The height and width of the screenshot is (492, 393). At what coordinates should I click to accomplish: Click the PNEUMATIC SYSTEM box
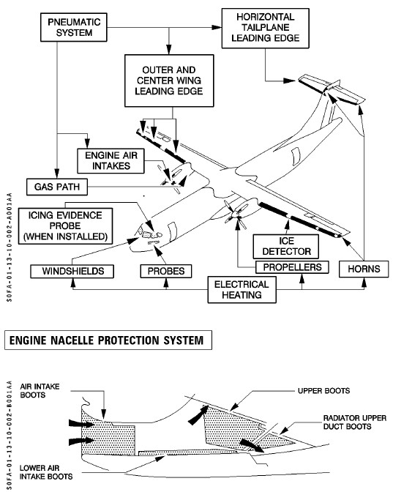tap(74, 27)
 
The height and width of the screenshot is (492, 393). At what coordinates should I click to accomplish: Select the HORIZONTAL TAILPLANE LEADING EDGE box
tap(266, 29)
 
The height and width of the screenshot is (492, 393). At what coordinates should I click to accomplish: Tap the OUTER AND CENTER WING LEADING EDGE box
tap(169, 81)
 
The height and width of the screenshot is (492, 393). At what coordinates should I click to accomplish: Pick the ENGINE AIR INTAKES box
tap(111, 160)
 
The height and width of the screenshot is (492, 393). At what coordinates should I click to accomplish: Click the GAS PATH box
tap(57, 187)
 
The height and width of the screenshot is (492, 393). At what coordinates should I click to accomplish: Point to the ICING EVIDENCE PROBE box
tap(66, 225)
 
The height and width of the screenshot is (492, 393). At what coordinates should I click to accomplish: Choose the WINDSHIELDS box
tap(72, 271)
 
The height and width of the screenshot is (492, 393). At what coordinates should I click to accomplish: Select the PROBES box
tap(166, 271)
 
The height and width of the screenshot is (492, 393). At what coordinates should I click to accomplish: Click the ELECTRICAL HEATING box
tap(242, 290)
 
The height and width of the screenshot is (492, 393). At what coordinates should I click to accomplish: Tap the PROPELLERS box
tap(292, 267)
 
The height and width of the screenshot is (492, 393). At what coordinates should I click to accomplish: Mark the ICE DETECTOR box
tap(286, 246)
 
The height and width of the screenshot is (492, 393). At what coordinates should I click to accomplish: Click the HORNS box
tap(364, 269)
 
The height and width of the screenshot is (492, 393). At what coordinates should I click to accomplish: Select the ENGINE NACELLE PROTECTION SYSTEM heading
tap(108, 340)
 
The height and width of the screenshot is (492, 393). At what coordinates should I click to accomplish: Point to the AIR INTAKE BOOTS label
tap(40, 391)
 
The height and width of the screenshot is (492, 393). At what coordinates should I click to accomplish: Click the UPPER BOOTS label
tap(323, 391)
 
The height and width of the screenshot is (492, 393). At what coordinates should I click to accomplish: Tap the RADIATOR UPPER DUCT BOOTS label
tap(355, 422)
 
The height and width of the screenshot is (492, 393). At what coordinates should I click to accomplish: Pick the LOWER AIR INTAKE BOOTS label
tap(46, 472)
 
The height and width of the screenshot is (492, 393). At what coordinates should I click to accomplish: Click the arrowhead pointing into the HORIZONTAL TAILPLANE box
tap(217, 27)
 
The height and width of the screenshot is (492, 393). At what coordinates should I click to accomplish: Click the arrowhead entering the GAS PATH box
tap(57, 174)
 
